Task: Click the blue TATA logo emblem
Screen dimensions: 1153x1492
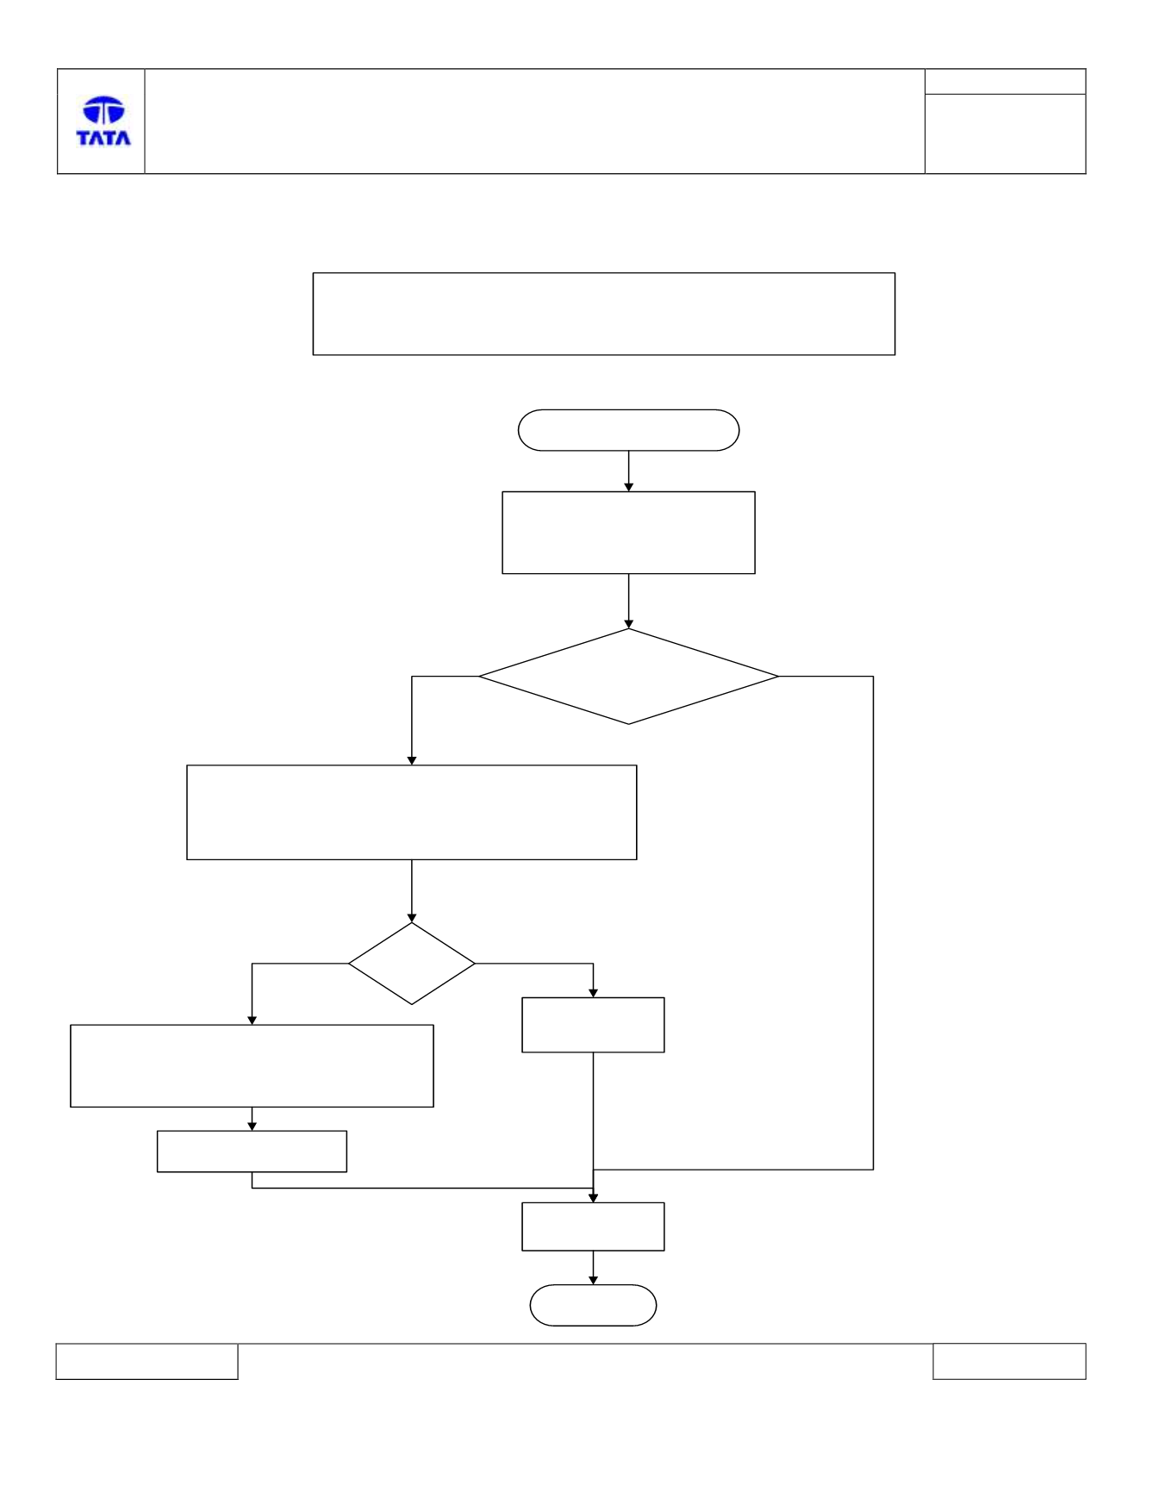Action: pyautogui.click(x=103, y=109)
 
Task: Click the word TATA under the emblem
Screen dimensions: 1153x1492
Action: pyautogui.click(x=103, y=137)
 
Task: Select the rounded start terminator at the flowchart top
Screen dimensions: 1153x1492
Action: pyautogui.click(x=628, y=430)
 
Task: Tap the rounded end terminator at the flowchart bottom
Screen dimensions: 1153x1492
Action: pyautogui.click(x=593, y=1305)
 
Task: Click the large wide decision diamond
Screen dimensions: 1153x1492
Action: pyautogui.click(x=628, y=677)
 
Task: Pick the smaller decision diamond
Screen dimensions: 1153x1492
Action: pyautogui.click(x=412, y=964)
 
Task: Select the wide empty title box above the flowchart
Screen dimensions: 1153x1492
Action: pyautogui.click(x=604, y=314)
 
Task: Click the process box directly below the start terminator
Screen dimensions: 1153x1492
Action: pyautogui.click(x=628, y=533)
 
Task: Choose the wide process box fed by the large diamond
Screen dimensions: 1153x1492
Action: pyautogui.click(x=412, y=812)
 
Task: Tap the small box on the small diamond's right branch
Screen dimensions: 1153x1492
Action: pyautogui.click(x=593, y=1025)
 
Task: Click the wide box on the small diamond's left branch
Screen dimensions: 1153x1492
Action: pyautogui.click(x=252, y=1065)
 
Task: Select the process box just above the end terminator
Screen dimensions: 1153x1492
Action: pyautogui.click(x=593, y=1227)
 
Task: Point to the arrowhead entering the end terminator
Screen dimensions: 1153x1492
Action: pyautogui.click(x=593, y=1280)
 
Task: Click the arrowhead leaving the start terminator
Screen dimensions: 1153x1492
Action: pyautogui.click(x=628, y=487)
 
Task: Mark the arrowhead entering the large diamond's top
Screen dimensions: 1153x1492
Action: pyautogui.click(x=628, y=623)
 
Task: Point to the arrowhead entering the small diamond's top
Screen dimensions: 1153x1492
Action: pyautogui.click(x=412, y=918)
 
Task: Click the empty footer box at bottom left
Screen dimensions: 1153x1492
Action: pyautogui.click(x=146, y=1361)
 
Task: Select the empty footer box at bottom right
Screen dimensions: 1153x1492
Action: pyautogui.click(x=1009, y=1361)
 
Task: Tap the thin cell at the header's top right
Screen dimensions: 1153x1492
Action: pyautogui.click(x=1005, y=82)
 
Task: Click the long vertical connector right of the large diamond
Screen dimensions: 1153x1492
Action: pyautogui.click(x=873, y=923)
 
